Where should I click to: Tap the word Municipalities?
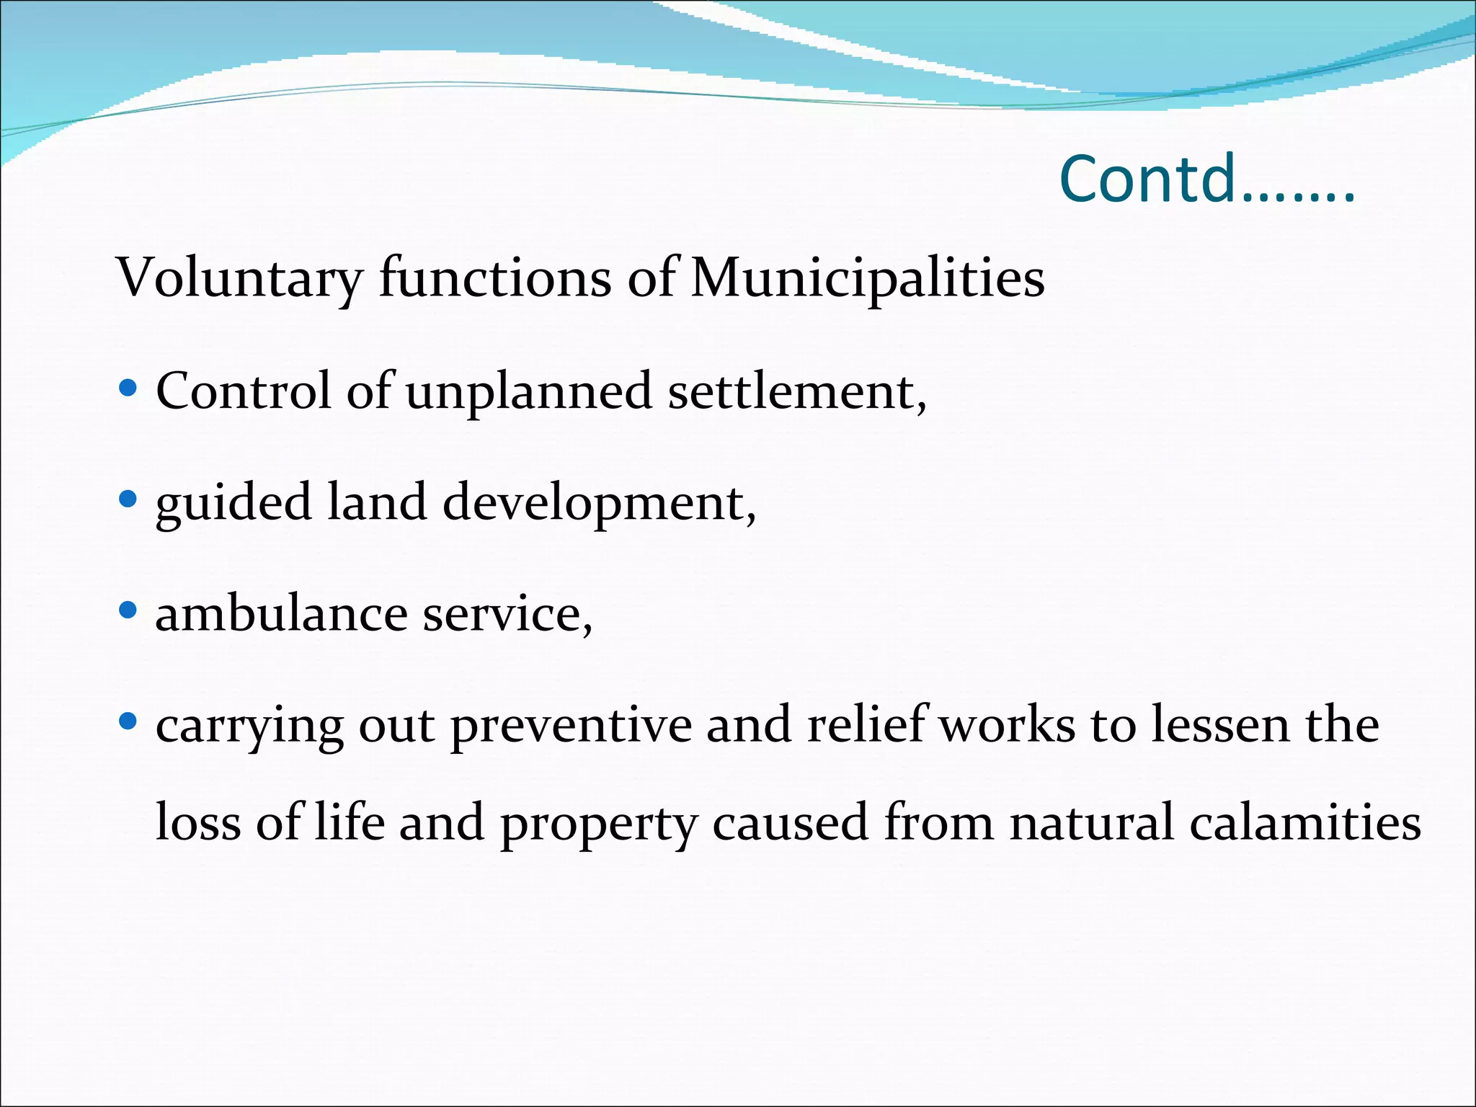(x=868, y=278)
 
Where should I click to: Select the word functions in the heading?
(x=495, y=278)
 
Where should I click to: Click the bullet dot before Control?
(x=128, y=389)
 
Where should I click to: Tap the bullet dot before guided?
(x=128, y=499)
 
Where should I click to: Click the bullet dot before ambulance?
(x=128, y=611)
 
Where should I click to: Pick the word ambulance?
(x=281, y=614)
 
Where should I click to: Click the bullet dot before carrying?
(x=128, y=721)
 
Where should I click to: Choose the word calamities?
(x=1305, y=822)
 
